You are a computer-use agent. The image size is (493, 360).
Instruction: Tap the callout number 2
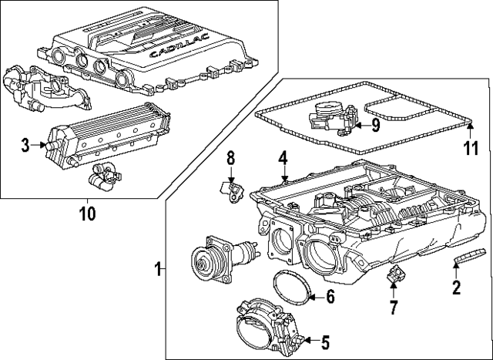pos(456,289)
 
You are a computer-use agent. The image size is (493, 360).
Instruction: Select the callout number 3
pos(25,143)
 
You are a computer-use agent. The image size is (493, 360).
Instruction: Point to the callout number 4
pos(283,158)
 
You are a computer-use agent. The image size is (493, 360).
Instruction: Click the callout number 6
pos(330,295)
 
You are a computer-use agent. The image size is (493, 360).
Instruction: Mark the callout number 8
pos(230,159)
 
